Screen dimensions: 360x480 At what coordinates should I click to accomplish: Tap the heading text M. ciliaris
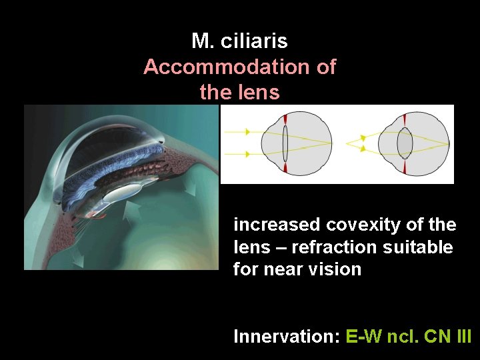[x=239, y=41]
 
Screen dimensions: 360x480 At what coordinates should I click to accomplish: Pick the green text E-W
[x=363, y=337]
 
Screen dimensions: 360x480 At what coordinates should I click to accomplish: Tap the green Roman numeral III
[x=461, y=337]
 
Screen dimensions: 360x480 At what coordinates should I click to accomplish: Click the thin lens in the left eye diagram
[x=285, y=143]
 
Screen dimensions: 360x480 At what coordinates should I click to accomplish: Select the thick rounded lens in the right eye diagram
[x=405, y=143]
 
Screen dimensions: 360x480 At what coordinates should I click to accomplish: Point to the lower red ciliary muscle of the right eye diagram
[x=405, y=169]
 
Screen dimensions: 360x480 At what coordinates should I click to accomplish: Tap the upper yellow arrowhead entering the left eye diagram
[x=248, y=132]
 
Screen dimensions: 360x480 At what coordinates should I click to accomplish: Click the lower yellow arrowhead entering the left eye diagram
[x=248, y=154]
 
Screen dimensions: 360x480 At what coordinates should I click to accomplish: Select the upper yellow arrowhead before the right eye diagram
[x=363, y=137]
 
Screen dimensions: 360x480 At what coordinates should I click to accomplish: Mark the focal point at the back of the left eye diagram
[x=331, y=143]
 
